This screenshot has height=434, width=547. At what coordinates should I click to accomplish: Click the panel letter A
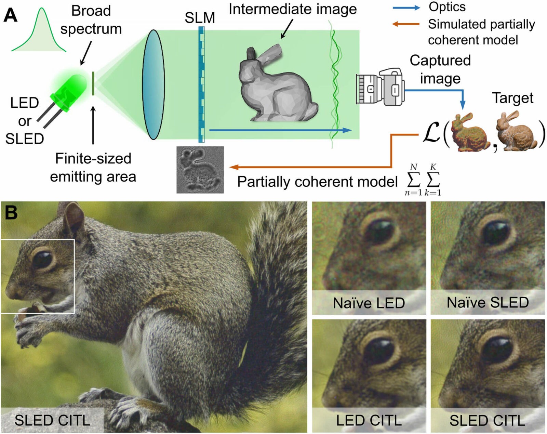(x=10, y=15)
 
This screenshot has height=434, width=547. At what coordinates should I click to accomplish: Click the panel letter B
(x=11, y=212)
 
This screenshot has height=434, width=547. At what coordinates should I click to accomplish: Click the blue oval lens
(x=153, y=84)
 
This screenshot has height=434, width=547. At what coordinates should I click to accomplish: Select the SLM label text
(x=200, y=17)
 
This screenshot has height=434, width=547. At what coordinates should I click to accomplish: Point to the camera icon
(x=380, y=87)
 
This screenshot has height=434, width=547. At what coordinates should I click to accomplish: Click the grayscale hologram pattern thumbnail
(x=200, y=170)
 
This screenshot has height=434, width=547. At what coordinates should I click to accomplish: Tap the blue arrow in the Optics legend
(x=406, y=8)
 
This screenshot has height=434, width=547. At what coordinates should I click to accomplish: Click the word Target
(x=512, y=98)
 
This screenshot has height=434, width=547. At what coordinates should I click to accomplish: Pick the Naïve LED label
(x=369, y=303)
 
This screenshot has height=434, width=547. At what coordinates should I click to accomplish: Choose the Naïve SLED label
(x=488, y=302)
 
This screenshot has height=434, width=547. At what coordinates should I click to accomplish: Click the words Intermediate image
(x=293, y=9)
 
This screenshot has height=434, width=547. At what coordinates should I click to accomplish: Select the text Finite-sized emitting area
(x=93, y=168)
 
